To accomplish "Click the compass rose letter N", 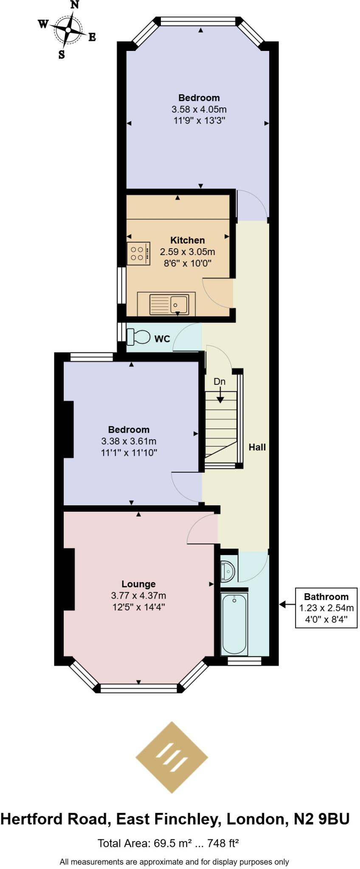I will (x=75, y=5).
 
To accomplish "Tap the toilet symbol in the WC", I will (x=139, y=337).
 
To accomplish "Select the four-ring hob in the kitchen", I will (x=138, y=253).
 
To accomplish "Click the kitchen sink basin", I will (x=179, y=304).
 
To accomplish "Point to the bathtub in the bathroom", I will (x=234, y=624).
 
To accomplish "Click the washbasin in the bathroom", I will (x=228, y=571).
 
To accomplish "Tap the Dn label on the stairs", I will (x=219, y=381).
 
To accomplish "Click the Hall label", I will (x=257, y=447).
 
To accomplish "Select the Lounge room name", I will (x=138, y=584).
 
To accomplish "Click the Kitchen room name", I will (x=188, y=240).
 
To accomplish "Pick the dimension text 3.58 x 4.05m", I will (x=199, y=109).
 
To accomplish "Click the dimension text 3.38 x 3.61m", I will (x=129, y=441).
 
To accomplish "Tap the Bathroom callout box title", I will (x=326, y=597).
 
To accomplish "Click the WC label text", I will (x=162, y=339).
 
